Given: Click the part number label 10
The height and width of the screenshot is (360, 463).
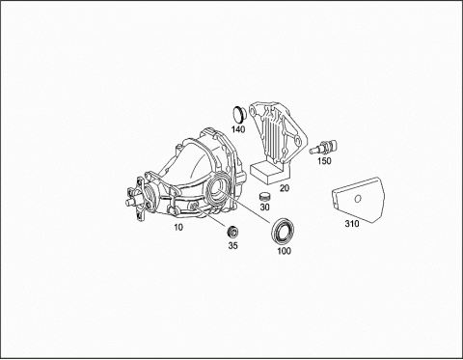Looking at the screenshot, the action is pos(178,227).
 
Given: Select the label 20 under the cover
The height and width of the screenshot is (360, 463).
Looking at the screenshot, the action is pos(285,188).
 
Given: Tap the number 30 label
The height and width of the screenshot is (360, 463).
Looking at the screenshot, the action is pos(264,208).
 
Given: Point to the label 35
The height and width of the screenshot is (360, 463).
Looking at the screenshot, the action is pos(233,245).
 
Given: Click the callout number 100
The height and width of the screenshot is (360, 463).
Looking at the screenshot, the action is pos(284,251).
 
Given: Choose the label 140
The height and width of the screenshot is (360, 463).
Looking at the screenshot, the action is pos(238,129).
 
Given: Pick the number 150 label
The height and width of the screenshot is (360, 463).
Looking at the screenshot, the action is pos(324,161).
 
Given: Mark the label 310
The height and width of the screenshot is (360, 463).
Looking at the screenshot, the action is pos(352,224).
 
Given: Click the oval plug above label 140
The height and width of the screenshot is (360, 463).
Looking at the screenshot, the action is pos(238,114).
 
